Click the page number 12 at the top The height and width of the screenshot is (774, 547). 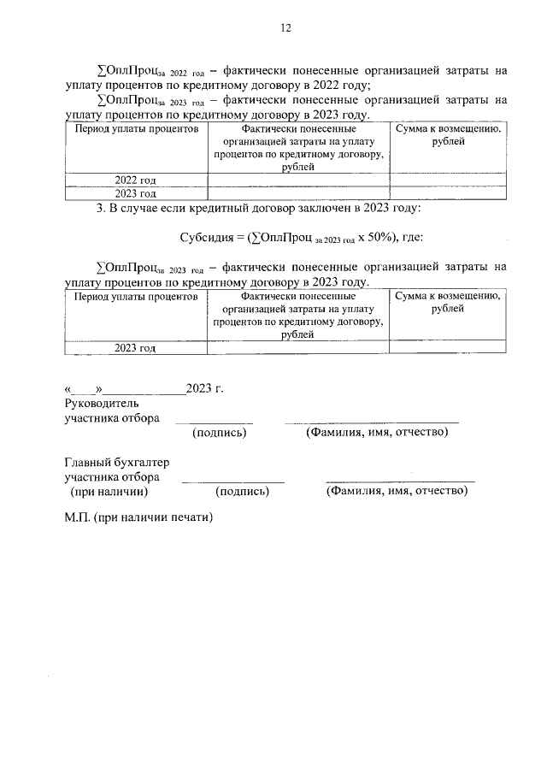285,27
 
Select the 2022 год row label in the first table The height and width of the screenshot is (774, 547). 136,180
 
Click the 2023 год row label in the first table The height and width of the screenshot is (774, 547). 136,193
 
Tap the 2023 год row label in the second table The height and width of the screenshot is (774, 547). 136,347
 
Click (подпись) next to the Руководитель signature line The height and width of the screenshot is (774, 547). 221,433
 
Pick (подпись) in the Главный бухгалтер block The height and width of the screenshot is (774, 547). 243,492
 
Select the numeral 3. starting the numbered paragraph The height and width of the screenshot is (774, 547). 100,208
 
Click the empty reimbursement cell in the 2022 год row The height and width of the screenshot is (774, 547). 447,180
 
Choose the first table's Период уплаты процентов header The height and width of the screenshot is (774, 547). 136,128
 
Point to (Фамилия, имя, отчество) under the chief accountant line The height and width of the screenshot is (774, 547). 397,492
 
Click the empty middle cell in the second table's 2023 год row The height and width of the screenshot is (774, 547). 298,347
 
